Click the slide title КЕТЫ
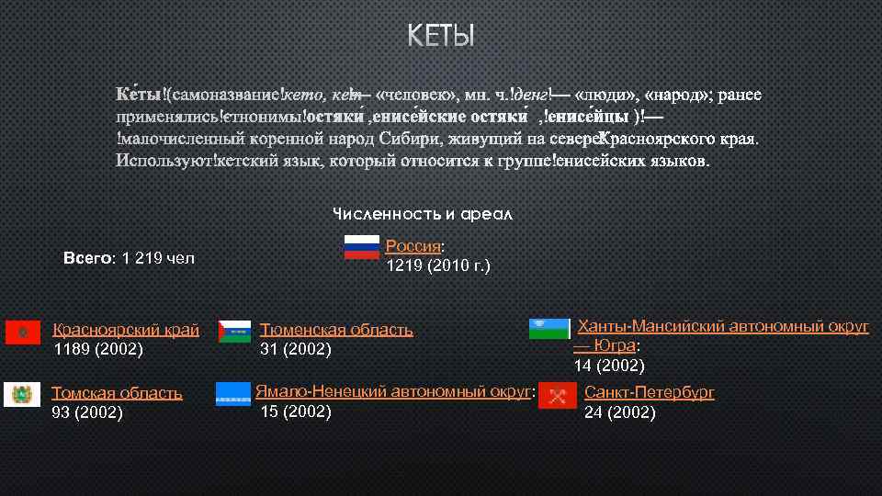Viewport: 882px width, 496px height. point(441,37)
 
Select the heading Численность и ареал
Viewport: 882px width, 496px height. point(422,214)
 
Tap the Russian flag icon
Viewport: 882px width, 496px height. point(361,246)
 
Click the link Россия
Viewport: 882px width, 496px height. point(413,246)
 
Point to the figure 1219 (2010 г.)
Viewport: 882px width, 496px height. point(438,266)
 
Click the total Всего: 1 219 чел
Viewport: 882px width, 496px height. point(129,258)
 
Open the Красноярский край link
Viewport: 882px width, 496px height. point(126,330)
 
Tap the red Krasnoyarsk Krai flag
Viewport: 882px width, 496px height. point(22,332)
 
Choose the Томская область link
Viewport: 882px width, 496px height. point(117,393)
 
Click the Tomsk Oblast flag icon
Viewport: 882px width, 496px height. point(22,395)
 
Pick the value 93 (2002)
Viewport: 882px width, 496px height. point(87,412)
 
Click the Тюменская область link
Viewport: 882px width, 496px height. point(336,330)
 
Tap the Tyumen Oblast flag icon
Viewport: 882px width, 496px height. point(234,332)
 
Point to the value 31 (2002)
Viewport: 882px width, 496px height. point(295,349)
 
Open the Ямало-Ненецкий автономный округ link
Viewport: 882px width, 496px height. point(393,392)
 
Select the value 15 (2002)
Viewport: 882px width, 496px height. point(296,411)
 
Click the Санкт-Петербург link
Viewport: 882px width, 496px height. point(649,393)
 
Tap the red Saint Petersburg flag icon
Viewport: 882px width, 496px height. point(557,396)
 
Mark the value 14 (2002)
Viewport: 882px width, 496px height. point(609,366)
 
